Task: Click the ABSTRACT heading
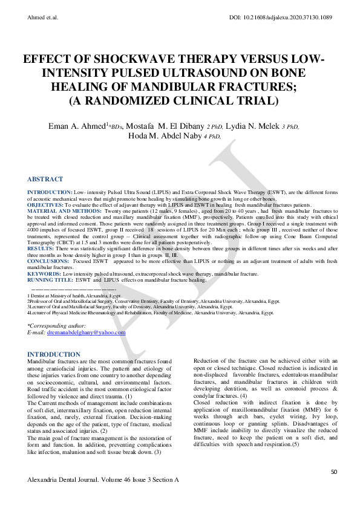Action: point(45,180)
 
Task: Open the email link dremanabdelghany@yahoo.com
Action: point(86,332)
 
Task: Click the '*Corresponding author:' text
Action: point(58,325)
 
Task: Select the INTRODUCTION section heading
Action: point(54,354)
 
